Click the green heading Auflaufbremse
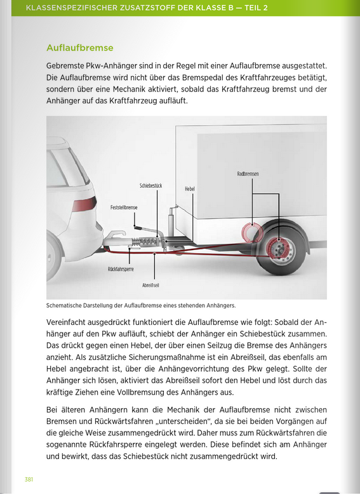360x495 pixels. click(80, 48)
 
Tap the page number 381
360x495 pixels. click(29, 478)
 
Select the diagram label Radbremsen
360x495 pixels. click(248, 174)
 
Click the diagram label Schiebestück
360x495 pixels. click(150, 185)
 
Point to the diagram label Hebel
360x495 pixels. click(189, 189)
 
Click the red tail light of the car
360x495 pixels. click(83, 206)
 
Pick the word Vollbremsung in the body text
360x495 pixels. click(202, 393)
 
